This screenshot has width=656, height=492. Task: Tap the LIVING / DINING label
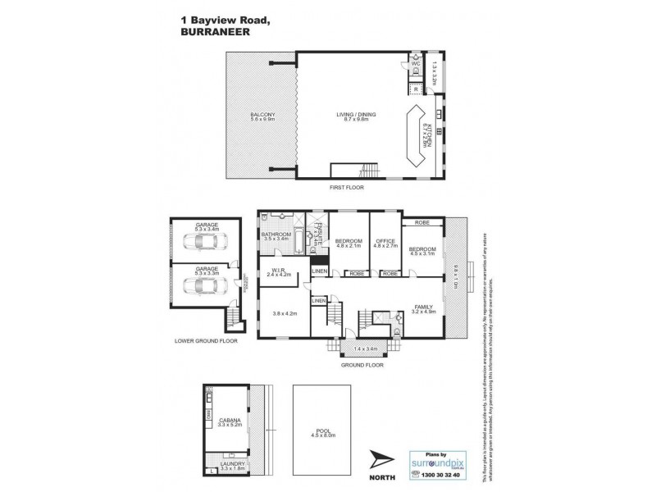point(353,114)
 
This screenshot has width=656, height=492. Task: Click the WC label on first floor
point(416,63)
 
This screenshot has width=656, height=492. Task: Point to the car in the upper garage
point(201,244)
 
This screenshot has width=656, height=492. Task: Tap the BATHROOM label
point(276,235)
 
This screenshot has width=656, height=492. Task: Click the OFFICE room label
point(385,241)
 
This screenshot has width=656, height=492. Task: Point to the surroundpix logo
point(438,462)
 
